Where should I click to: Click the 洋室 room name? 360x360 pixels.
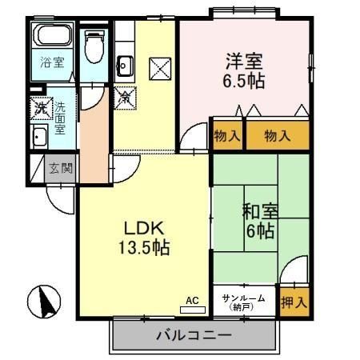244,61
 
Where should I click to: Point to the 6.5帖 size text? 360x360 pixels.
244,80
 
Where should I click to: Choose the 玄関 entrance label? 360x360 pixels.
59,168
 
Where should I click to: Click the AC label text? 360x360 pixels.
192,301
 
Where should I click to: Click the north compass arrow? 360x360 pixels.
45,302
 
